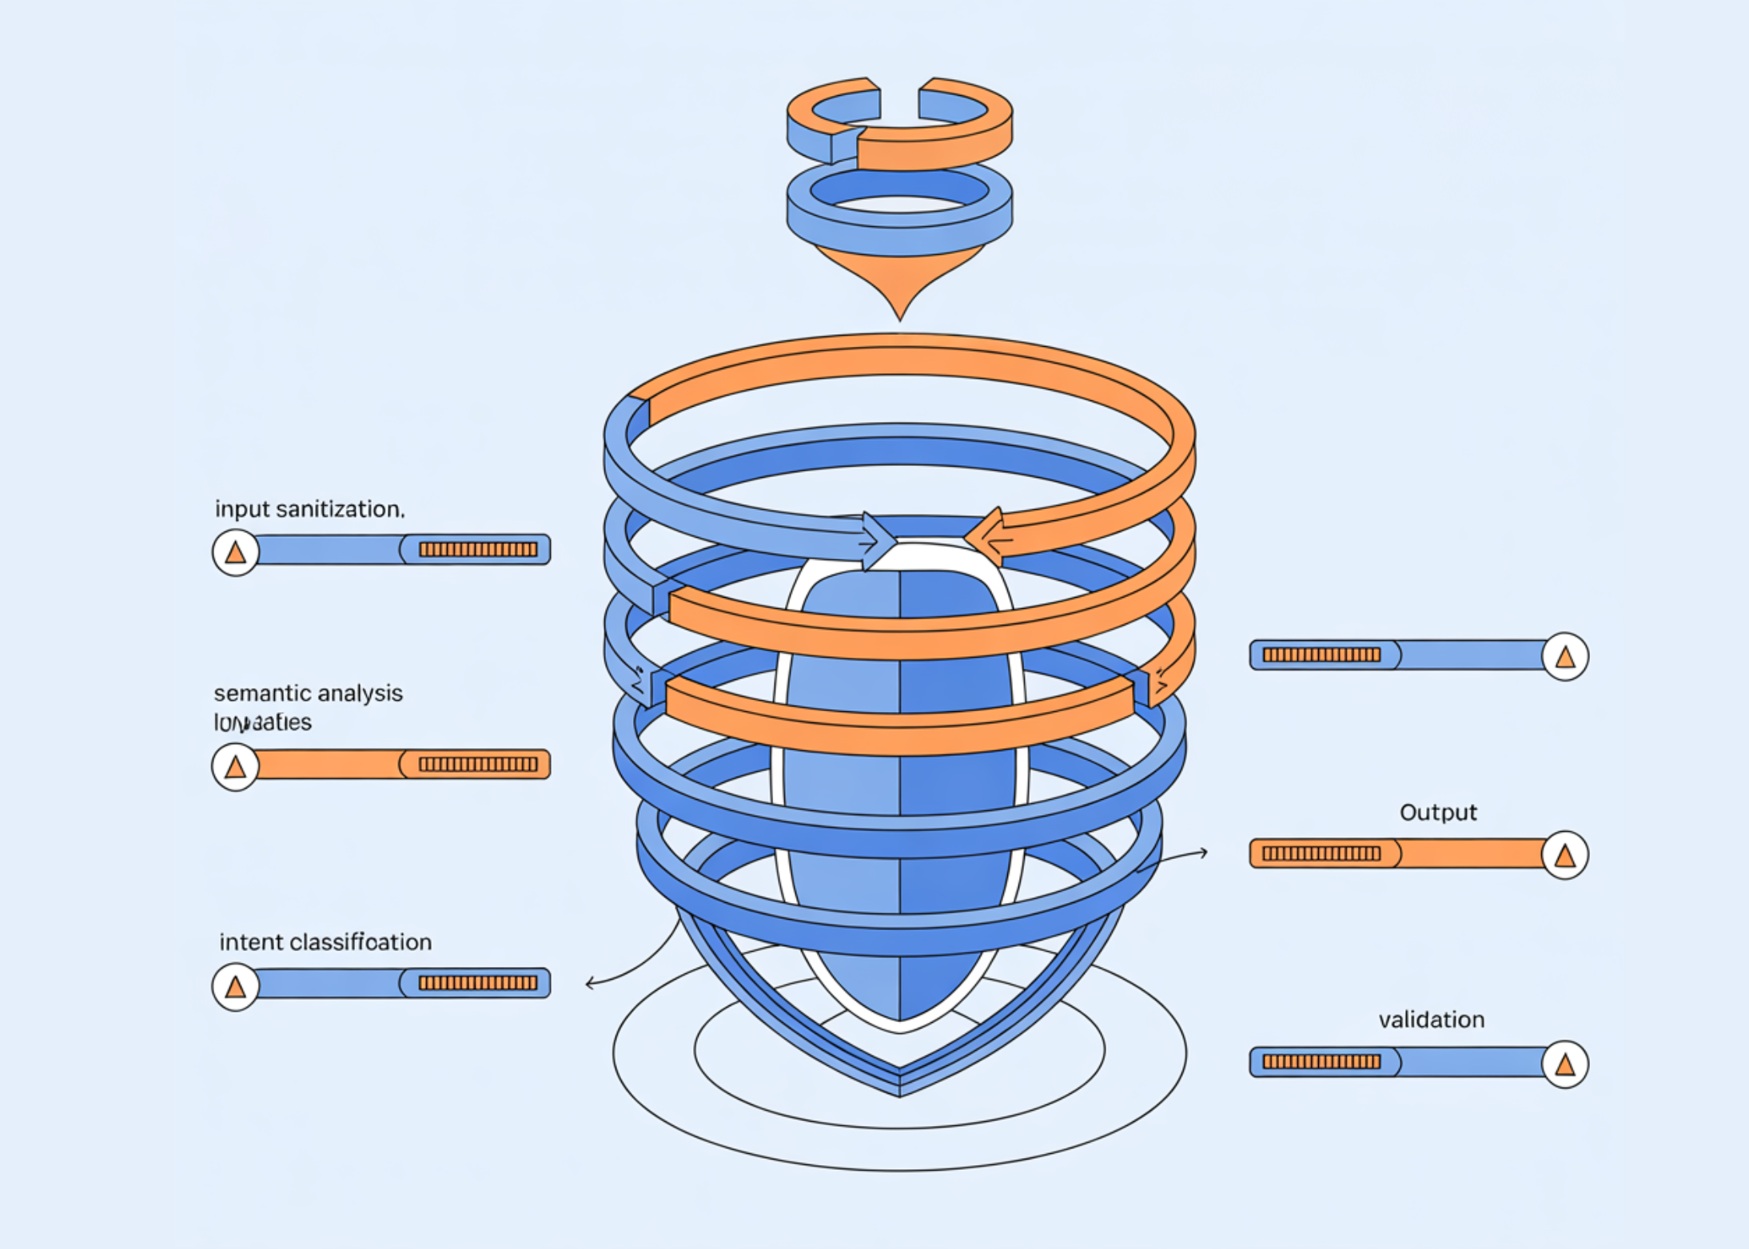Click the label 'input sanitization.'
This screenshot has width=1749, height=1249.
click(309, 509)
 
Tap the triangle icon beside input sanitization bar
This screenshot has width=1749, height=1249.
click(235, 551)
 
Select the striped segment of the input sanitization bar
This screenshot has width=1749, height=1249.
click(478, 550)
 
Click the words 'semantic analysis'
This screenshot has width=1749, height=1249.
click(308, 693)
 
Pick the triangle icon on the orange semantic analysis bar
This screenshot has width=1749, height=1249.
click(235, 767)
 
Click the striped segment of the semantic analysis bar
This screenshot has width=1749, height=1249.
click(478, 765)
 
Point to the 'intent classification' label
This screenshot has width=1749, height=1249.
click(325, 942)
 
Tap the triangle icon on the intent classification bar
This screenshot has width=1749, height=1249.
click(235, 987)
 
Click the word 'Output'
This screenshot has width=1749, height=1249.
click(1437, 813)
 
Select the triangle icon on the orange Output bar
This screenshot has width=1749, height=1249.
click(1564, 856)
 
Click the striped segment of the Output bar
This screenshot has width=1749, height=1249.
click(1321, 854)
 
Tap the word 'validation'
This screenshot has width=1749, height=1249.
click(1431, 1020)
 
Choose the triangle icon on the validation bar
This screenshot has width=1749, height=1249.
click(1564, 1064)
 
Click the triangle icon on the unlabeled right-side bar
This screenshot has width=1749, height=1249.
click(1564, 657)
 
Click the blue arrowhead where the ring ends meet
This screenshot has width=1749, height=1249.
click(878, 541)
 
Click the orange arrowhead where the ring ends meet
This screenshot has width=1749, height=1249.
click(985, 538)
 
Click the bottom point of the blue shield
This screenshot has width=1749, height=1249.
click(899, 1092)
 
